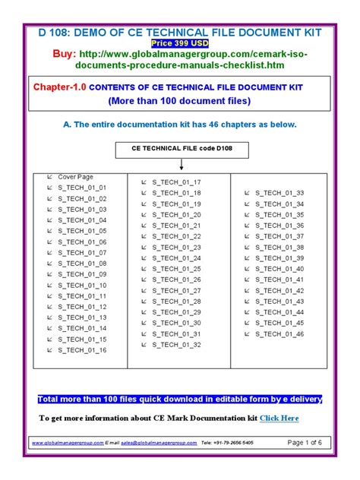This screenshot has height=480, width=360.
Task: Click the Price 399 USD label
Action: [x=179, y=44]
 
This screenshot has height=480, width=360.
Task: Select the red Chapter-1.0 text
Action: [x=60, y=87]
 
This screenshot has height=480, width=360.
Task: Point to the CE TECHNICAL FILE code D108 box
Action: [x=180, y=149]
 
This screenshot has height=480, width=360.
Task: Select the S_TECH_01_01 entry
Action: [x=82, y=187]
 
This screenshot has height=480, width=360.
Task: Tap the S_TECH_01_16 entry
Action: [x=82, y=350]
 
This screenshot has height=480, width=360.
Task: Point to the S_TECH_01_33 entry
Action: [x=279, y=193]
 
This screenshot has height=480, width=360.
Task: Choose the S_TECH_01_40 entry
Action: [x=279, y=269]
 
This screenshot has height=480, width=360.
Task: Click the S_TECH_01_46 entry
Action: [x=279, y=333]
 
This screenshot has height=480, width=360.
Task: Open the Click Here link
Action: [x=279, y=418]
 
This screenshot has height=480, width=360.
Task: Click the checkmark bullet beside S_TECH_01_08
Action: [x=49, y=263]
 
